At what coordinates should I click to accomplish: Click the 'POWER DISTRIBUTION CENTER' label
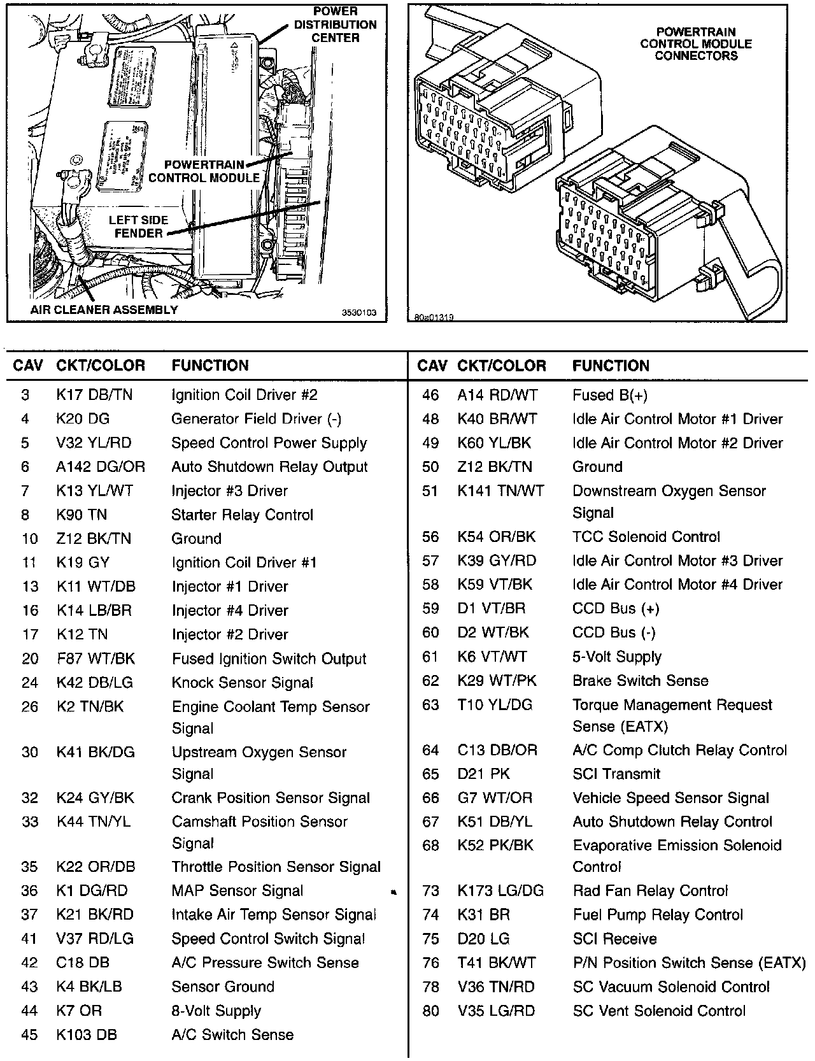point(335,25)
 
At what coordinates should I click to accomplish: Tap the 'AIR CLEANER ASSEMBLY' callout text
point(104,310)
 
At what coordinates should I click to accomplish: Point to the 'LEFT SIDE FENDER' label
point(138,226)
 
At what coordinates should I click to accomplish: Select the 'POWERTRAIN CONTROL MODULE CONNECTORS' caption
point(696,43)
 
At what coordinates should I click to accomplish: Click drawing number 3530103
point(359,313)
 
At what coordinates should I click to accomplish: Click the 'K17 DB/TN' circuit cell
point(94,395)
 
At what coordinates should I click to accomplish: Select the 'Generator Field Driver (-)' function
point(257,419)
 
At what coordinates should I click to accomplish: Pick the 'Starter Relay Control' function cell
point(243,515)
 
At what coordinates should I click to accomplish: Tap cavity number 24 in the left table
point(30,683)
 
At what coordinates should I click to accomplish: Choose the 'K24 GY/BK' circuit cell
point(96,798)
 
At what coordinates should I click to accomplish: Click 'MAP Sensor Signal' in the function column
point(237,891)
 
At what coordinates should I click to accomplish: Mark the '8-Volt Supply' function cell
point(216,1011)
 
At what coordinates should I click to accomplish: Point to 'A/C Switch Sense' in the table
point(232,1035)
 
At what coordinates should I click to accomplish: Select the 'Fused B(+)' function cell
point(609,395)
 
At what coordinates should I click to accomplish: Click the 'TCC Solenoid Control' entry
point(646,537)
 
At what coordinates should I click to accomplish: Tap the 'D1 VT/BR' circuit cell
point(492,609)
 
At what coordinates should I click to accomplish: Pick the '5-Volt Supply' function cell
point(617,657)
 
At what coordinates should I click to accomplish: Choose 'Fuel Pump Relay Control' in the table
point(658,915)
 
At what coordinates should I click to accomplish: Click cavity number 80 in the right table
point(431,1011)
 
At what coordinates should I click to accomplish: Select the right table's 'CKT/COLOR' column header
point(502,366)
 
